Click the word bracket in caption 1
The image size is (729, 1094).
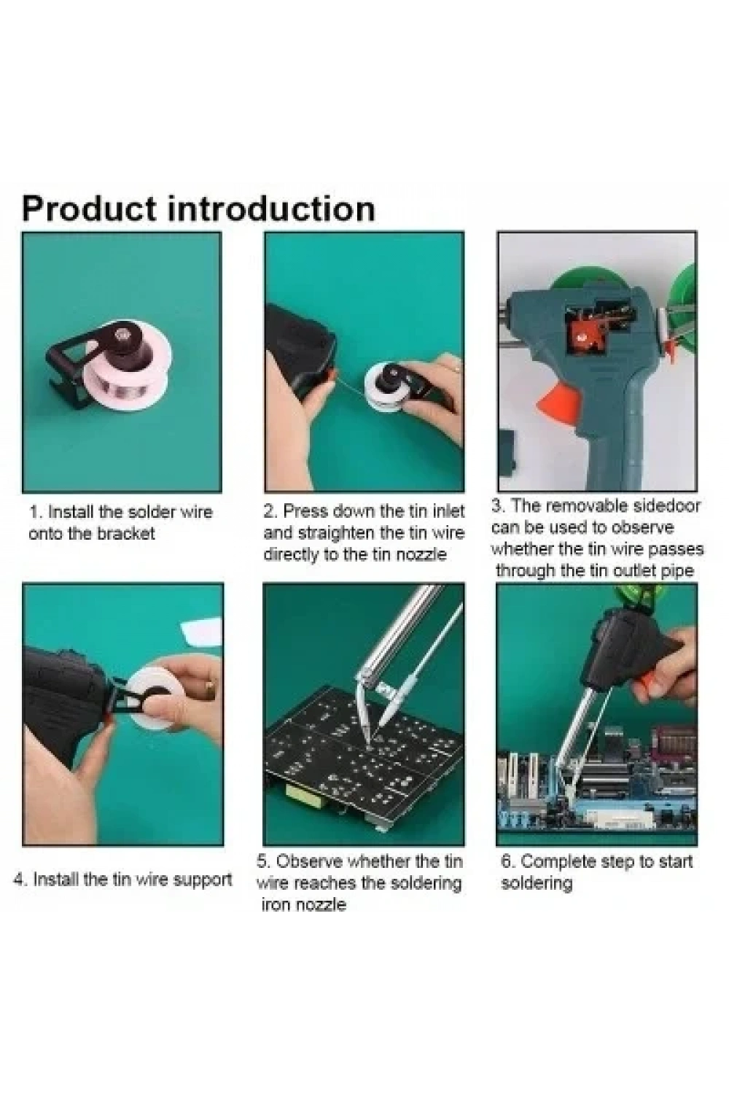coord(126,534)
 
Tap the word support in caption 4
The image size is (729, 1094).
coord(203,880)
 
